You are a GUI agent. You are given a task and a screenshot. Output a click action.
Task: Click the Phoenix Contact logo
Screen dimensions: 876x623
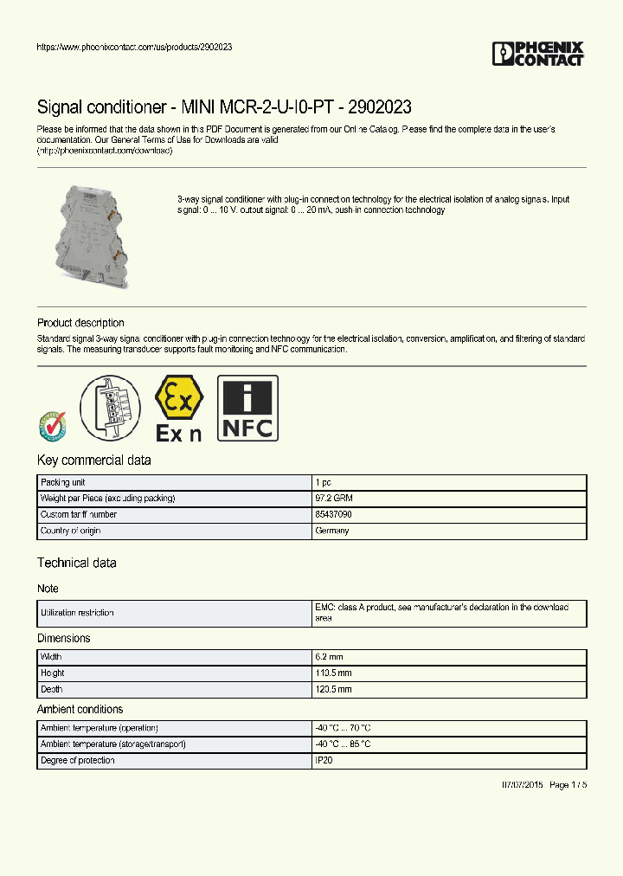(x=537, y=54)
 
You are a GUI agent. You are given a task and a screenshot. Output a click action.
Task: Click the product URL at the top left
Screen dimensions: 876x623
(x=134, y=47)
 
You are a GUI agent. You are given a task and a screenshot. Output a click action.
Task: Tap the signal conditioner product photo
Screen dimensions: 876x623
(x=91, y=235)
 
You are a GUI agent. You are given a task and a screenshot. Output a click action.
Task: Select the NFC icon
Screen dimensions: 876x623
(x=247, y=409)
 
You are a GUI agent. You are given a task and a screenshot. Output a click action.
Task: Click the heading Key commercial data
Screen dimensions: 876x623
(x=94, y=461)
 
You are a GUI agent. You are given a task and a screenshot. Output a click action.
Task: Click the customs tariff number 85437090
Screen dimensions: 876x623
(x=333, y=514)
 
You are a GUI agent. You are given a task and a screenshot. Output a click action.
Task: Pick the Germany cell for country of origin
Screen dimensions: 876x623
(x=332, y=531)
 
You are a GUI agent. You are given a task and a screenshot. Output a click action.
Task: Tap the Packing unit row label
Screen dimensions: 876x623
(x=62, y=482)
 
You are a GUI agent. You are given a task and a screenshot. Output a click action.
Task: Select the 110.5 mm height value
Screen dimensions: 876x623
(x=333, y=673)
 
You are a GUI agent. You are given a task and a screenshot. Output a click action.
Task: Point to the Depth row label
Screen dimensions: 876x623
(x=52, y=690)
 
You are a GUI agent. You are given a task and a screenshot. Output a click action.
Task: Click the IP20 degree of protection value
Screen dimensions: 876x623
(x=324, y=761)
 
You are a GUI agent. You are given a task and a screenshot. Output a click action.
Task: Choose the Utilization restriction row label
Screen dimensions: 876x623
(x=77, y=613)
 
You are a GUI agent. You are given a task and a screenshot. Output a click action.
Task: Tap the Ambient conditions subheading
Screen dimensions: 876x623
(x=80, y=710)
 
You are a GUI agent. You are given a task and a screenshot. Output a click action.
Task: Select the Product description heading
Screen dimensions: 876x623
(x=80, y=323)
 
